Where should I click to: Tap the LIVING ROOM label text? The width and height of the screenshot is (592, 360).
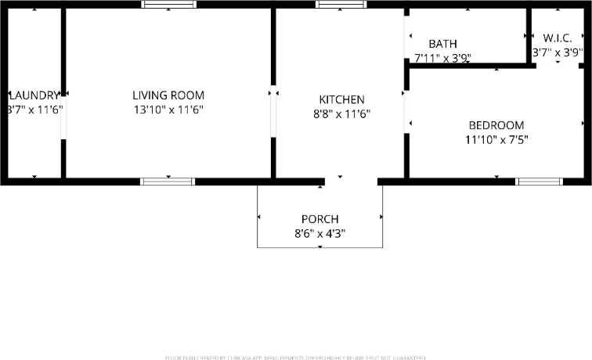click(168, 95)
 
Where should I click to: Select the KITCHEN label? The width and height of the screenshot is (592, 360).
click(341, 99)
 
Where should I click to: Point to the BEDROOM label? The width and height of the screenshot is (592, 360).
click(496, 125)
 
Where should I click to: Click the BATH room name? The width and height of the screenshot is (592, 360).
click(442, 44)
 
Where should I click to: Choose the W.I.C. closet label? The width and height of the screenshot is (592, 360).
click(558, 38)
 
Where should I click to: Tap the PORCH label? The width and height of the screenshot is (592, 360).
click(320, 219)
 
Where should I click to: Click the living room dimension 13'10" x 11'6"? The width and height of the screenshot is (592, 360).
click(168, 110)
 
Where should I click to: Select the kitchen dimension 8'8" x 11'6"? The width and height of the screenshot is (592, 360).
click(341, 114)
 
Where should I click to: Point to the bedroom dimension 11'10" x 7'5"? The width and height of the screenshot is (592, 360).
click(496, 140)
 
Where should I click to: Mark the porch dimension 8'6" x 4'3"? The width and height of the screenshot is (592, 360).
click(320, 233)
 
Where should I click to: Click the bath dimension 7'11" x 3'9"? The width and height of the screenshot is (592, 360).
click(442, 57)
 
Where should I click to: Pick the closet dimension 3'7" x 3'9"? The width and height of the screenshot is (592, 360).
click(558, 53)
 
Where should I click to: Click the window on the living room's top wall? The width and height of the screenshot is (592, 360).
click(169, 5)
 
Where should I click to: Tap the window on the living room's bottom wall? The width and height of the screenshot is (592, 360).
click(168, 182)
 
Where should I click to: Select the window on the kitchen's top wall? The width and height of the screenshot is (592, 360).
click(341, 5)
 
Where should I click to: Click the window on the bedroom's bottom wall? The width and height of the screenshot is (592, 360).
click(539, 182)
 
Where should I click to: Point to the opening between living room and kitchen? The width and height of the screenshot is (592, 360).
click(273, 113)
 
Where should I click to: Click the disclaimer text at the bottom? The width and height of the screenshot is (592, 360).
click(296, 357)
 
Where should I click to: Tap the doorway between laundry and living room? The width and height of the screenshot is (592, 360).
click(63, 117)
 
